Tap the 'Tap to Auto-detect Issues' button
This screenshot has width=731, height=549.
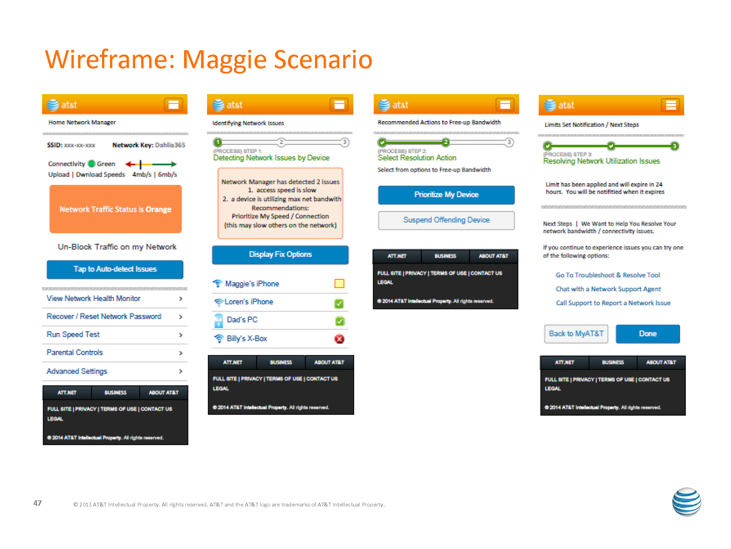click(x=115, y=269)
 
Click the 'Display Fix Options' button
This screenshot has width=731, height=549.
click(x=280, y=255)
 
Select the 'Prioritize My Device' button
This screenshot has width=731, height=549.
click(x=446, y=195)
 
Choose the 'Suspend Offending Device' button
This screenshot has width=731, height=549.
click(x=446, y=220)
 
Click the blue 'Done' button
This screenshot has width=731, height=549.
click(x=648, y=334)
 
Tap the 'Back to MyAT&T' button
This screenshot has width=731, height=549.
click(x=576, y=334)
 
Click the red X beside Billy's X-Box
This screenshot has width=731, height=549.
click(x=339, y=339)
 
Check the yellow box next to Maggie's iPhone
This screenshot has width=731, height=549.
click(x=339, y=284)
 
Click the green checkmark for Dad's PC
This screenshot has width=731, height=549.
click(x=340, y=321)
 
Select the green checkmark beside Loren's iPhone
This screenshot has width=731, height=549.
click(x=339, y=304)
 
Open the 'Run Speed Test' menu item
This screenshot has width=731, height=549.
click(x=73, y=335)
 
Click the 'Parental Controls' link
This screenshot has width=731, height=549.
click(x=75, y=353)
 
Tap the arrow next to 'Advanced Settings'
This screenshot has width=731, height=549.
click(x=180, y=371)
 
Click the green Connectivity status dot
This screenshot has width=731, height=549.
click(x=91, y=164)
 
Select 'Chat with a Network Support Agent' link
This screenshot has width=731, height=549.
click(x=608, y=289)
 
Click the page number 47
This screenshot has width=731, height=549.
click(x=37, y=503)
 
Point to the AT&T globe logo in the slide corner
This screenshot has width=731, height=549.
click(x=686, y=502)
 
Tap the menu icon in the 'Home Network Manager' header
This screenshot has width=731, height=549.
click(x=173, y=105)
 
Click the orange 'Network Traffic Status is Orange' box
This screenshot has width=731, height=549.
click(x=115, y=209)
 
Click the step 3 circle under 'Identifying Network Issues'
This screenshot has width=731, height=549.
click(x=345, y=142)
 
